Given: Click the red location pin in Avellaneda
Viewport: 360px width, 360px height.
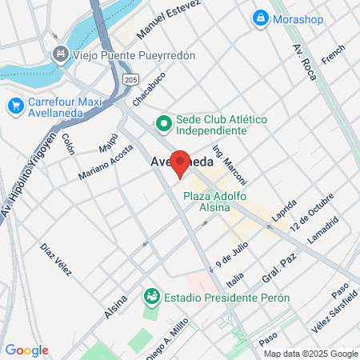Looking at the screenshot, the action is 181,163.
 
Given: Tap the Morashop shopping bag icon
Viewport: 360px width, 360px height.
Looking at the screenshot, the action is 259,17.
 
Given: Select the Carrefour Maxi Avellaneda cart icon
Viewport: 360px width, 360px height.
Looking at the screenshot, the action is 15,105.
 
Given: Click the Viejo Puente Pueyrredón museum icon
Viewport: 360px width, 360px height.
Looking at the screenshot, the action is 58,54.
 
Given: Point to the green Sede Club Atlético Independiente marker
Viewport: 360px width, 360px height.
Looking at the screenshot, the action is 163,123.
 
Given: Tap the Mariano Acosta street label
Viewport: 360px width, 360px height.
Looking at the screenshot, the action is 106,165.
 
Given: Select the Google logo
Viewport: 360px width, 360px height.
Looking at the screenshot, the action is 26,350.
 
